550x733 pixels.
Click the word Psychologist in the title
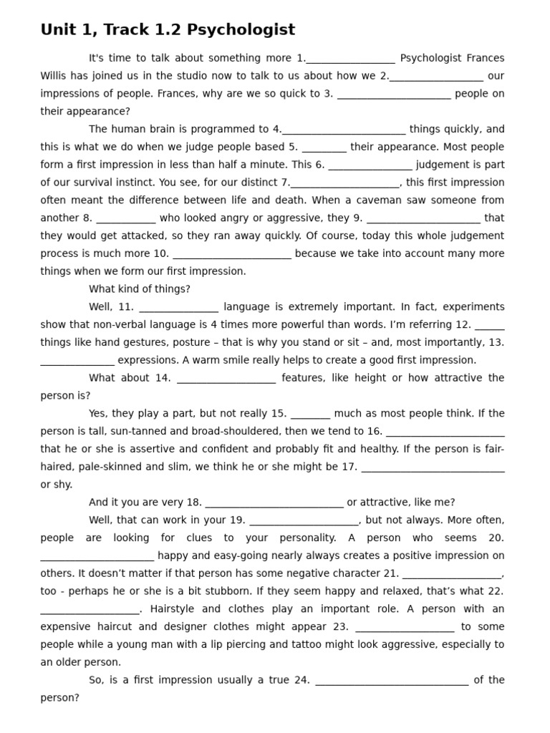point(249,30)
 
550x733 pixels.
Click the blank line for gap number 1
point(350,59)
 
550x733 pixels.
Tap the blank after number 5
point(324,147)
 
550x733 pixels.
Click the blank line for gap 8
point(126,218)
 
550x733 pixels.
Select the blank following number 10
point(232,254)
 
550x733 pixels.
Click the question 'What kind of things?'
point(140,289)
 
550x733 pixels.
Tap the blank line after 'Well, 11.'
point(179,307)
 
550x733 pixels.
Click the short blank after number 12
point(490,325)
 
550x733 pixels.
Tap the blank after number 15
point(312,414)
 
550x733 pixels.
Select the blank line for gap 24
point(392,680)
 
